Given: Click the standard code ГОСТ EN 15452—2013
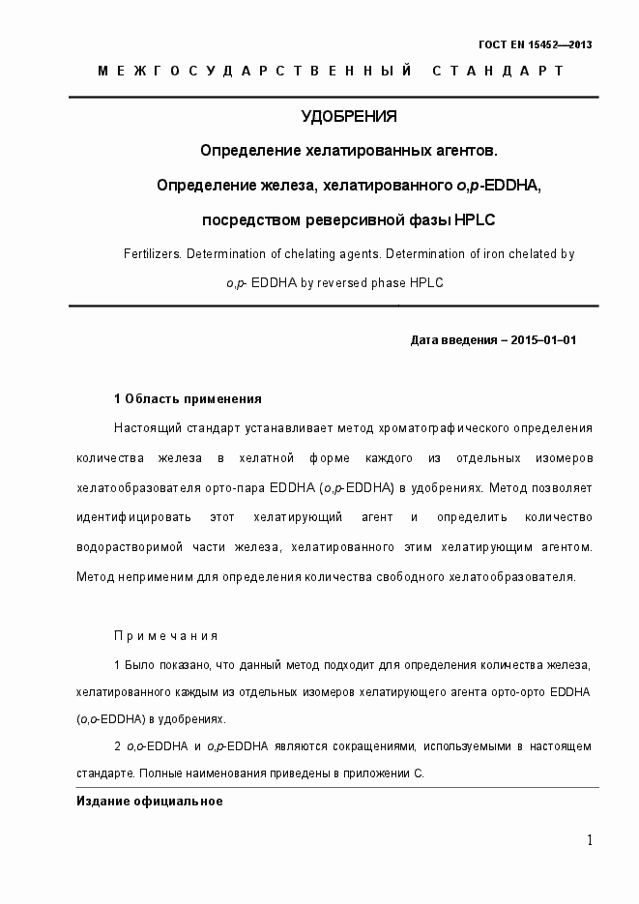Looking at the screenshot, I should tap(536, 45).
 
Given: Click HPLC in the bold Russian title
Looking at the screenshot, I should tap(474, 219).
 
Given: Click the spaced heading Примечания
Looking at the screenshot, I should tap(166, 636).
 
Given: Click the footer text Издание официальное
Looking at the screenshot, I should tap(150, 802).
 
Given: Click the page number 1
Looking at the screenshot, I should tap(589, 840).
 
